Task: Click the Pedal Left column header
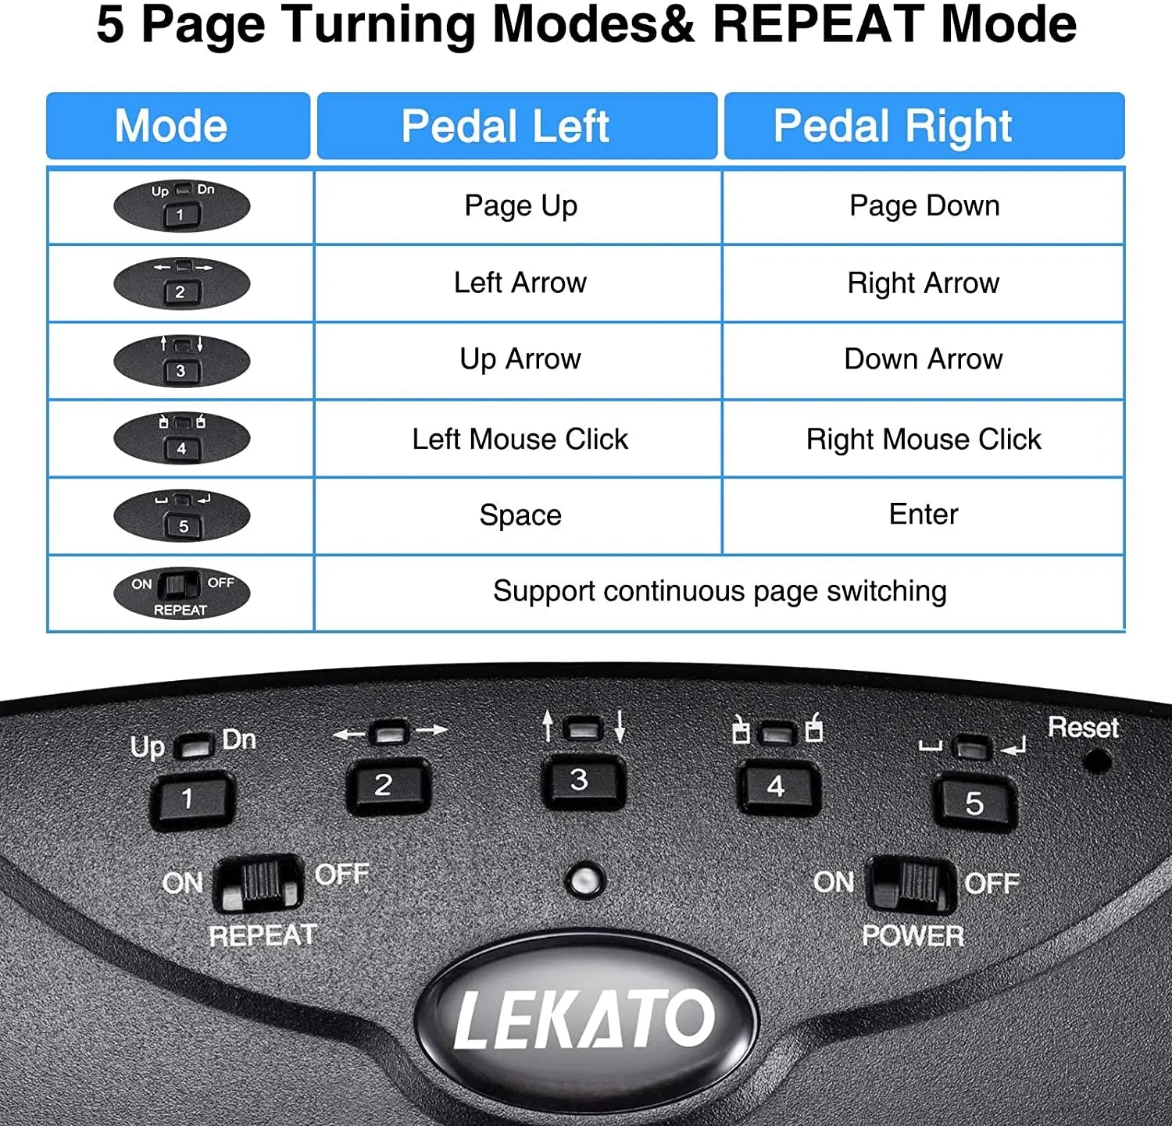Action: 516,126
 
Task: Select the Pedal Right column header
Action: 924,126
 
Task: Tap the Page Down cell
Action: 924,206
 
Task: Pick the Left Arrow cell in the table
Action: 520,283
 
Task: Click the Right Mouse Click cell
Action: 924,440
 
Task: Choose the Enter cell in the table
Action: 924,515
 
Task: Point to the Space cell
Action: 520,515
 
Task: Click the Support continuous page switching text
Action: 719,592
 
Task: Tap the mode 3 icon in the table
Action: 181,361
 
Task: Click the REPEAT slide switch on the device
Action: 259,883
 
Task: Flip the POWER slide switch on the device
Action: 911,883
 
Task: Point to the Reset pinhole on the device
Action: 1099,760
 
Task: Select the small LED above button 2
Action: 389,732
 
